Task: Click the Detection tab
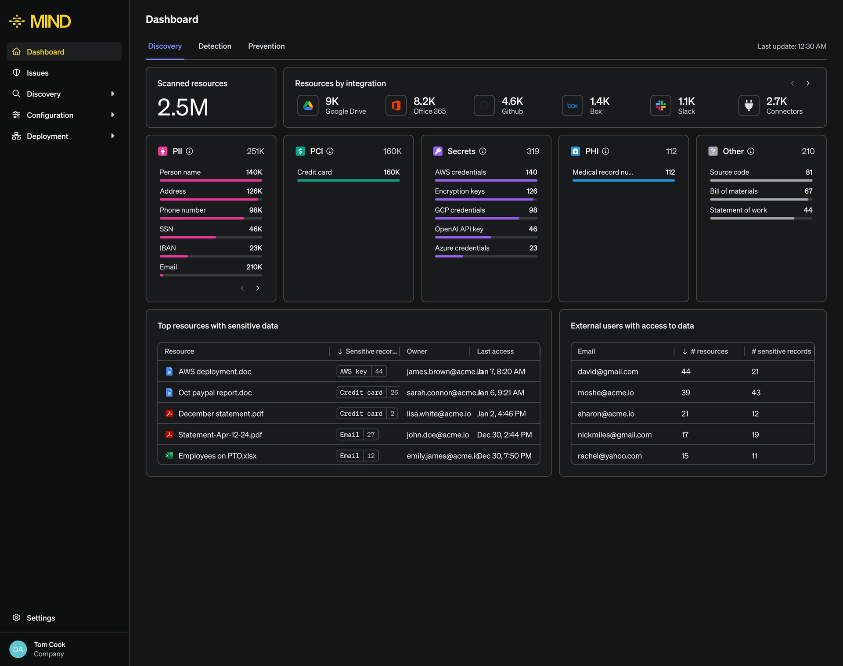coord(215,46)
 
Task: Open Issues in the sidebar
coord(37,73)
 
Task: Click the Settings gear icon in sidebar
coord(16,618)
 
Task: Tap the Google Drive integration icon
coord(308,105)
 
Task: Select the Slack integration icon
coord(660,105)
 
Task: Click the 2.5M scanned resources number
coord(183,107)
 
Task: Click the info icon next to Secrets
coord(483,151)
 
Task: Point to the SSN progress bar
coord(211,238)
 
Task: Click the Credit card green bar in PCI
coord(348,180)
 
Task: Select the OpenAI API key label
coord(459,229)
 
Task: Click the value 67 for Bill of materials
coord(808,191)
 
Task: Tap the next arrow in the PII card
coord(258,288)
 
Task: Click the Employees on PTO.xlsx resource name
coord(217,456)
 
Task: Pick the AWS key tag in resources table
coord(353,371)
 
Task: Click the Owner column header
coord(417,351)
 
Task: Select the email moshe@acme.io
coord(605,392)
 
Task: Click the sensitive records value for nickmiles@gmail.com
coord(755,435)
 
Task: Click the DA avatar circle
coord(18,649)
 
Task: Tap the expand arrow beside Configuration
coord(113,115)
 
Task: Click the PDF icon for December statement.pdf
coord(169,414)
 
